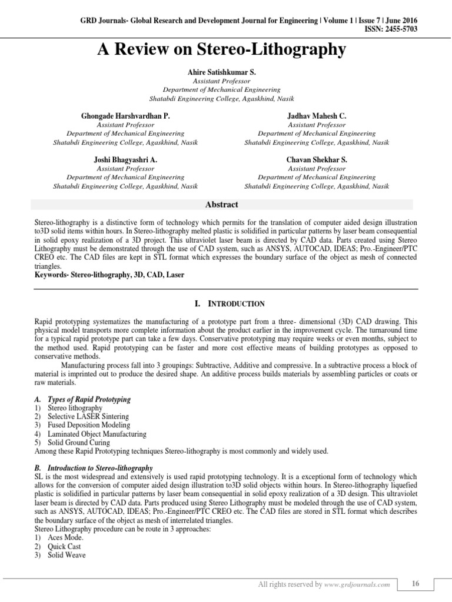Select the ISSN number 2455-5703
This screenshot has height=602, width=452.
(x=395, y=29)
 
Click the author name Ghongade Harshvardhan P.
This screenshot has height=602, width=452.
(x=125, y=117)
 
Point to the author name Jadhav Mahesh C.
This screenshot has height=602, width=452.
(x=317, y=117)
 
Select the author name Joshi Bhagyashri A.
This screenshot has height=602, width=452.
(x=125, y=159)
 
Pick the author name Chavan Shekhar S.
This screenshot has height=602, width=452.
(x=317, y=159)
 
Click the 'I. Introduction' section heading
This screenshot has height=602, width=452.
(x=225, y=304)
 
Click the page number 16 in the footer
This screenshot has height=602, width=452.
(x=416, y=584)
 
